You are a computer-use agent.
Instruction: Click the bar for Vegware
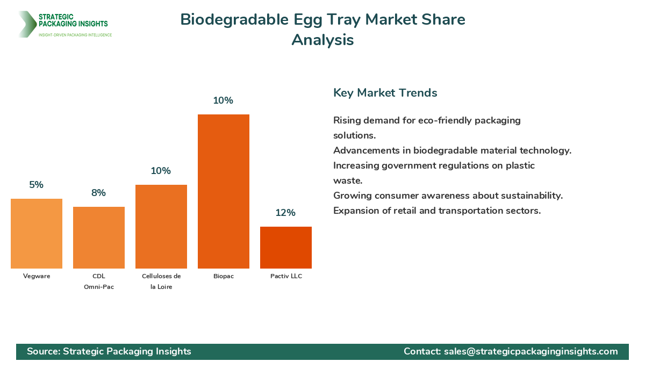click(37, 234)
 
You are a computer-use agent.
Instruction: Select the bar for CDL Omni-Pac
click(99, 237)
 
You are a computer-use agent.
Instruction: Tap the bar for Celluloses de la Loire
click(161, 227)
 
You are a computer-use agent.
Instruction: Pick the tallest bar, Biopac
click(224, 191)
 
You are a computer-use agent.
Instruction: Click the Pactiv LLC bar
click(286, 248)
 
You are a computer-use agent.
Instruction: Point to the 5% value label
click(37, 185)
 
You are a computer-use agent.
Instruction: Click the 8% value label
click(99, 193)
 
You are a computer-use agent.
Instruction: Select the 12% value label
click(285, 213)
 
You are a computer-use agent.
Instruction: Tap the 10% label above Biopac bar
click(223, 100)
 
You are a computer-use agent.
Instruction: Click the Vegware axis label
click(37, 276)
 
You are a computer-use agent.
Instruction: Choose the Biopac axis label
click(224, 276)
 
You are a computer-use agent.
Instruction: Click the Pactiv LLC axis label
click(286, 276)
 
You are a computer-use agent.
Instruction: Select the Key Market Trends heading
click(385, 93)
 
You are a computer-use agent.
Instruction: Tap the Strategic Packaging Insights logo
click(64, 24)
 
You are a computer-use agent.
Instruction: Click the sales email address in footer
click(531, 351)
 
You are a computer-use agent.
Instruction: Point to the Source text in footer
click(109, 351)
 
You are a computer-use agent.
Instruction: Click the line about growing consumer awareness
click(448, 196)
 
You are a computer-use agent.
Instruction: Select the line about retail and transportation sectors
click(436, 211)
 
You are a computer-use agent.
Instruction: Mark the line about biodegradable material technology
click(452, 150)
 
